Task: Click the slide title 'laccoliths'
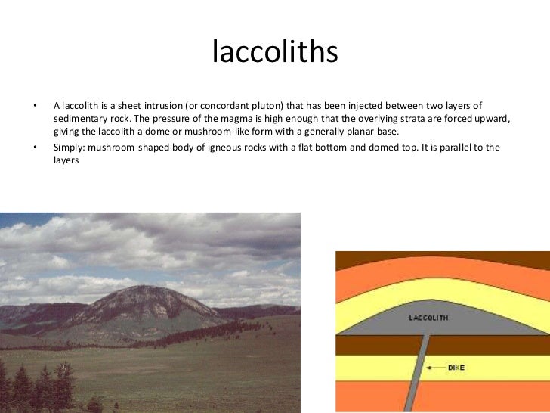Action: pos(274,53)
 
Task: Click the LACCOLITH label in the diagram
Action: pos(428,318)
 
